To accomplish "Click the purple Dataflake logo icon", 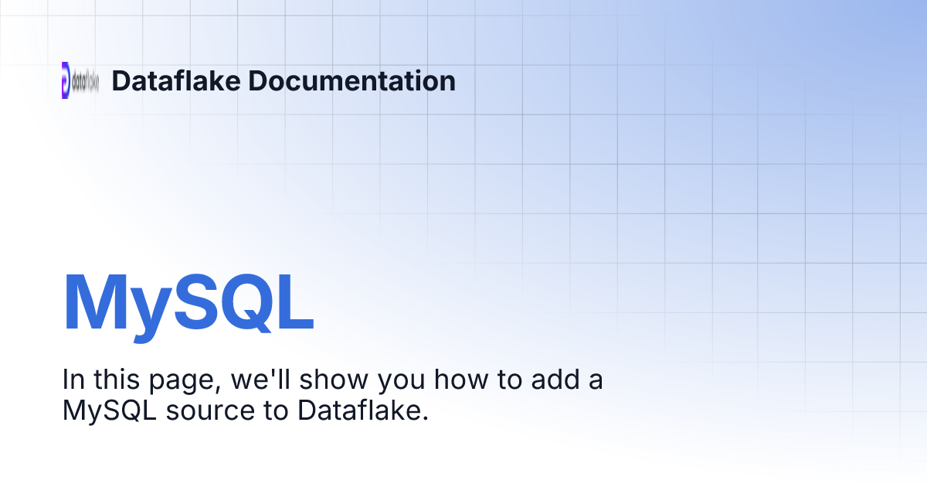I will tap(66, 80).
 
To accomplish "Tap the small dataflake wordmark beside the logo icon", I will tap(86, 80).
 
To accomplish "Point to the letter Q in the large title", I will tap(243, 303).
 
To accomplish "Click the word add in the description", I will tap(542, 380).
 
